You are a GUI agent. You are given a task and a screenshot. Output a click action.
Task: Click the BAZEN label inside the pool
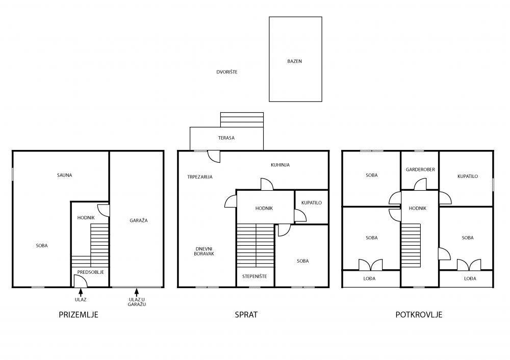pos(294,61)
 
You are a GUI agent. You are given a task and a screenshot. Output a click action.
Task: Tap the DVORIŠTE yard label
pos(227,72)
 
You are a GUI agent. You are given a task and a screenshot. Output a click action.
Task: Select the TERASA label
pos(226,138)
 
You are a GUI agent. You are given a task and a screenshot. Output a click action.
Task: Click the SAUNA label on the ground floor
pos(64,175)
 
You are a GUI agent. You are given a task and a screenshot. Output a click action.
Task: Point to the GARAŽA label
pos(139,220)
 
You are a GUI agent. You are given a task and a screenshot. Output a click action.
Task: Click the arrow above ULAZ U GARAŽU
pos(137,292)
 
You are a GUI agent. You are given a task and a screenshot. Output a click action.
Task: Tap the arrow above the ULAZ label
pos(81,292)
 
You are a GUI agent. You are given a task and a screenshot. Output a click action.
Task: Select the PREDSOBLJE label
pos(91,272)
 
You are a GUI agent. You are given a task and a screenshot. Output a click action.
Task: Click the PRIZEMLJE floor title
pos(79,315)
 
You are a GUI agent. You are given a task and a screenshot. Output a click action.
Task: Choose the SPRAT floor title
pos(246,315)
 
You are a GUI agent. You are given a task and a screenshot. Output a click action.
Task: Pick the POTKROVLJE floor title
pos(419,315)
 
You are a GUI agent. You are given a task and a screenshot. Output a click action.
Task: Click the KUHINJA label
pos(280,165)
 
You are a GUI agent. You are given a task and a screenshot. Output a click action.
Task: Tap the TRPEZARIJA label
pos(200,177)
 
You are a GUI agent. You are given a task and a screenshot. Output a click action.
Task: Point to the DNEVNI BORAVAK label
pos(204,251)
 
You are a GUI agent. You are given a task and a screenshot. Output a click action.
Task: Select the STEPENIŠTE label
pos(254,276)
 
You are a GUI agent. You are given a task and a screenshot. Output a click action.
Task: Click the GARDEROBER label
pos(420,170)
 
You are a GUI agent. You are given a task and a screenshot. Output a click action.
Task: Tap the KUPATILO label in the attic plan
pos(468,176)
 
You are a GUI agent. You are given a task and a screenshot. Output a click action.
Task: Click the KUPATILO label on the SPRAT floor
pos(312,203)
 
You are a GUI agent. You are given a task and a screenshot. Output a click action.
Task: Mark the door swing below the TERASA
pos(214,157)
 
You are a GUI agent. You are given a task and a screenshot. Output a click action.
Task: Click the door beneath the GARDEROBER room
pos(420,184)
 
